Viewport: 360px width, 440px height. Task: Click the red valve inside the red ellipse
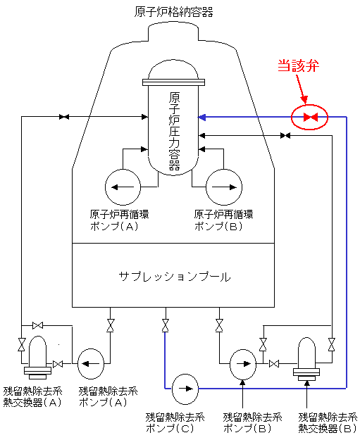(x=310, y=117)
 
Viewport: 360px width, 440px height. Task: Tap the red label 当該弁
(x=299, y=65)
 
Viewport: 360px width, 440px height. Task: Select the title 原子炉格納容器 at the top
(x=173, y=12)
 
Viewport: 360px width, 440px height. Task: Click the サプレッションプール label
(x=175, y=277)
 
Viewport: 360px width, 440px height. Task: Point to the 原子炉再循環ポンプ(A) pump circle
(x=123, y=187)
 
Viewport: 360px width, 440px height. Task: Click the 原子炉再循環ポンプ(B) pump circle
(x=224, y=187)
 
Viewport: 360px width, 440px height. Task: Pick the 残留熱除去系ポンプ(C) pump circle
(x=185, y=389)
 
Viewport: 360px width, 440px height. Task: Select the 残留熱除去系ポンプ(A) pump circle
(x=91, y=364)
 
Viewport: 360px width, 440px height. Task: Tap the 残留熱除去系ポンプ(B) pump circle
(x=243, y=364)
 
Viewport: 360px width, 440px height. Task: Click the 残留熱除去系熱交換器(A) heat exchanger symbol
(x=37, y=358)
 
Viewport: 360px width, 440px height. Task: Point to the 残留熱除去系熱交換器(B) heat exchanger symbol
(x=306, y=359)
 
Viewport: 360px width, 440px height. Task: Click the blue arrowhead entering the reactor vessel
(x=202, y=117)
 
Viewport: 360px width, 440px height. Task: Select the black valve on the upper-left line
(x=64, y=117)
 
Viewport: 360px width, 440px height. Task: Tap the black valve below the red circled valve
(x=285, y=136)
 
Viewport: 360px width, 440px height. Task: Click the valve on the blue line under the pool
(x=166, y=325)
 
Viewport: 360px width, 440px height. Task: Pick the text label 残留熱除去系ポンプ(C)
(x=175, y=423)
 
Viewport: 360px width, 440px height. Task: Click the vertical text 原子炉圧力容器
(x=174, y=132)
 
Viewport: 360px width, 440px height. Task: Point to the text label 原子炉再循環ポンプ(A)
(x=119, y=220)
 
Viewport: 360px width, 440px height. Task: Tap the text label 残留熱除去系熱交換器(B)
(x=328, y=423)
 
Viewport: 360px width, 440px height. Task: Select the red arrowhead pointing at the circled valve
(x=304, y=100)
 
